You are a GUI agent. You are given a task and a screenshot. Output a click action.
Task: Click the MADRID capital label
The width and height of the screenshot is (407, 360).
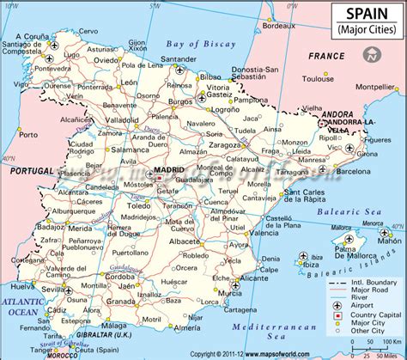tap(168, 171)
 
